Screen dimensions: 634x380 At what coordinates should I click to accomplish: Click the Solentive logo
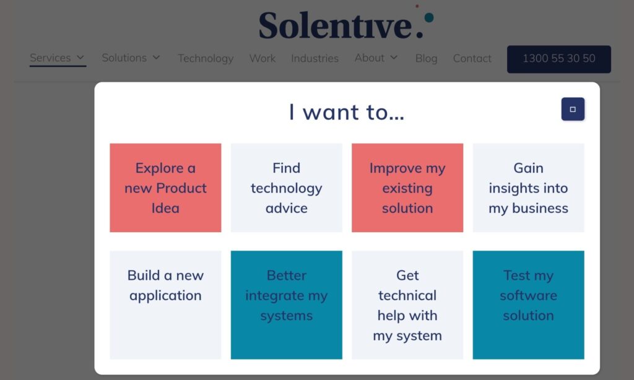(x=346, y=24)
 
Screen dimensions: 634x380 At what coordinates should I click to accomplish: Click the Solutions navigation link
(x=131, y=58)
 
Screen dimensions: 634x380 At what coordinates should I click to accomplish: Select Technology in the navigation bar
(x=206, y=58)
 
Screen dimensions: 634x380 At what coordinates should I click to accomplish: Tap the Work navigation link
(x=263, y=58)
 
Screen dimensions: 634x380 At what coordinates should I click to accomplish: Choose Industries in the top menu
(x=315, y=58)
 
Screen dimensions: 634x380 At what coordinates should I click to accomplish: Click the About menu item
(x=376, y=58)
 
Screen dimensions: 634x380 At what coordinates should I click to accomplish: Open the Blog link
(x=426, y=58)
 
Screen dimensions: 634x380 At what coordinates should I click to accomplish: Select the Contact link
(x=472, y=58)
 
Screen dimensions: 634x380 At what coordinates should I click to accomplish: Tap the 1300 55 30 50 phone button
(x=559, y=59)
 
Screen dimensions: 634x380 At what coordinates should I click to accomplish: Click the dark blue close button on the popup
(x=573, y=109)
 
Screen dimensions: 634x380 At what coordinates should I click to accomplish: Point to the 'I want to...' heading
(x=347, y=112)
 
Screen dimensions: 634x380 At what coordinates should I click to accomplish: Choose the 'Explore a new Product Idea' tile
(x=165, y=188)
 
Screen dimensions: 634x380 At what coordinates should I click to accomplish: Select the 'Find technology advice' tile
(x=286, y=188)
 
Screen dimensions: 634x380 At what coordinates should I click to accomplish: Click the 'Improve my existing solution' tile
(x=407, y=188)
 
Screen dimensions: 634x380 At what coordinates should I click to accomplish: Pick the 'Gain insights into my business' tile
(x=529, y=188)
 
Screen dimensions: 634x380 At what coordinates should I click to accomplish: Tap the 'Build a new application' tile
(x=165, y=305)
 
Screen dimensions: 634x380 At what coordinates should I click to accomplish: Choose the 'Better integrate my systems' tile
(x=286, y=305)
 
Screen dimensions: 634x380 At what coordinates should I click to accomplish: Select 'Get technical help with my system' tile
(x=407, y=305)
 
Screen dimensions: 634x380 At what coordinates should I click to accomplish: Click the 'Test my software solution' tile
(x=529, y=305)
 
